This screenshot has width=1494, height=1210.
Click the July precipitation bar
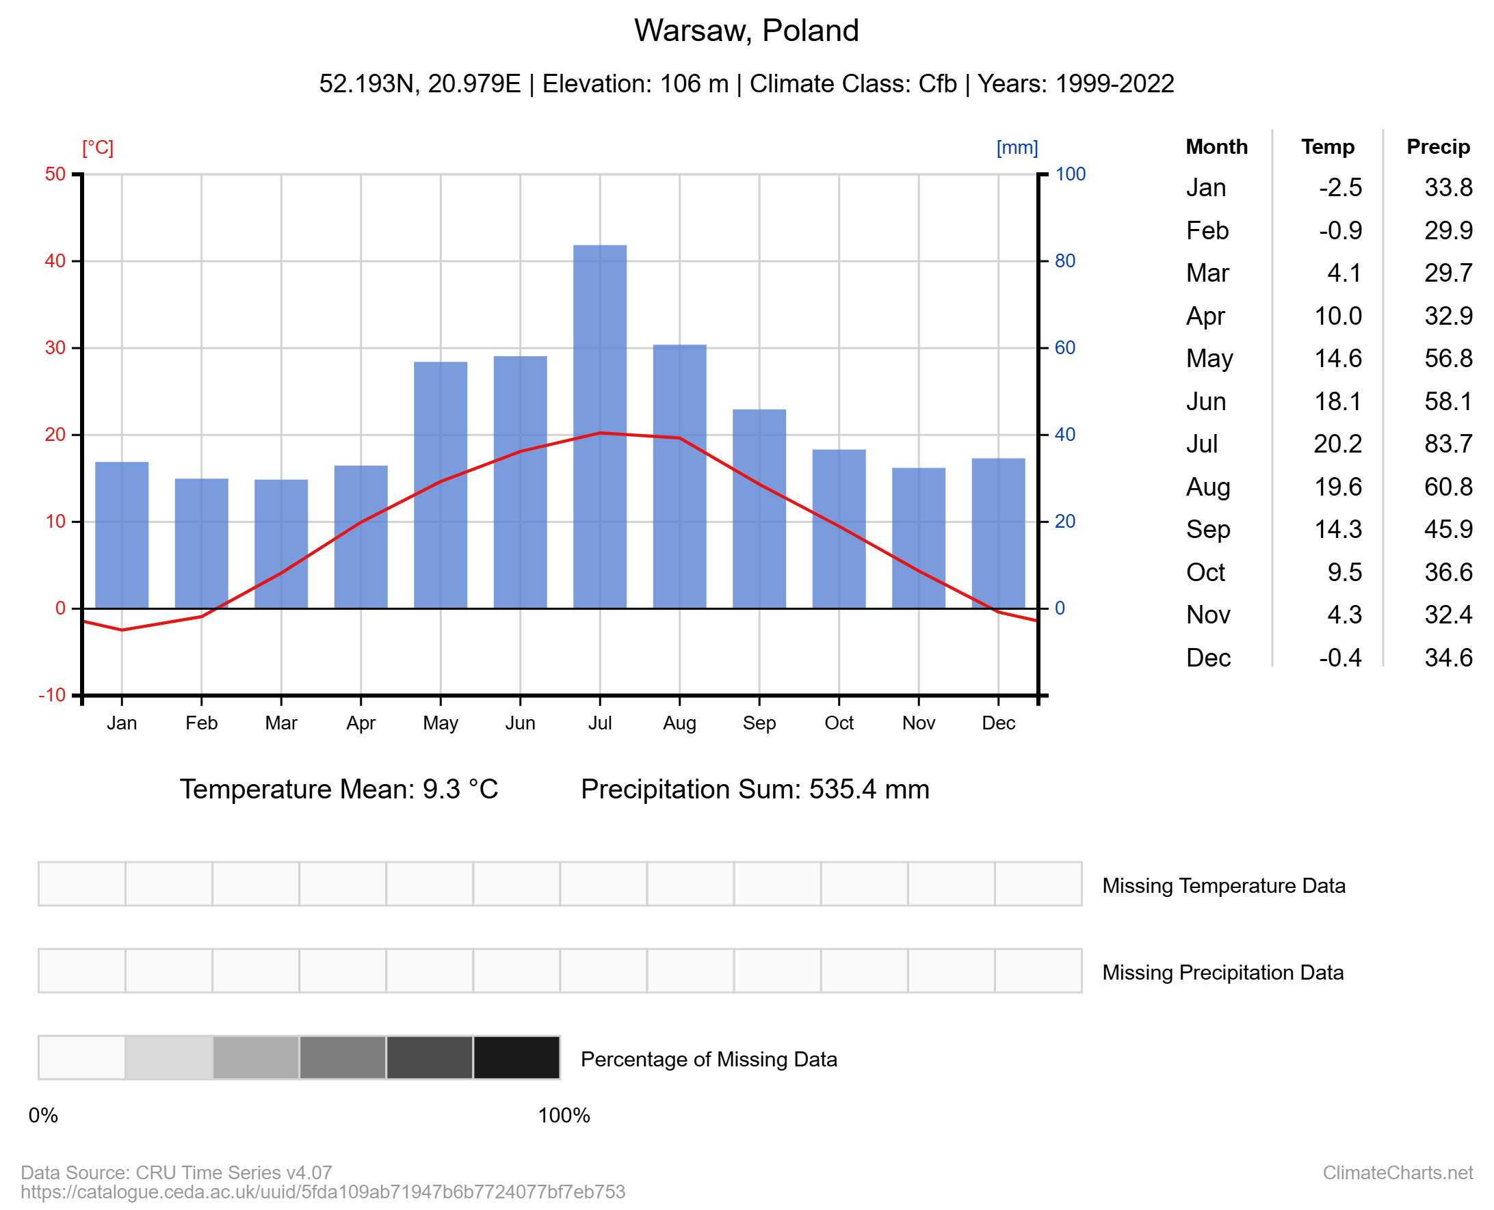click(x=599, y=427)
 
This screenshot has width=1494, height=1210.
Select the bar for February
click(x=202, y=543)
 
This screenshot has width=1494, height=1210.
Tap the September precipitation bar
click(x=759, y=509)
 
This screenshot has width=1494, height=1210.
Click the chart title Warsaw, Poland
click(x=746, y=31)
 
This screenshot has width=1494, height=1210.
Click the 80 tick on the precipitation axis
click(x=1064, y=260)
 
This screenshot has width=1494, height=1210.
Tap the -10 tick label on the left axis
click(x=52, y=695)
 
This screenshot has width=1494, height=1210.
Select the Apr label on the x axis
click(x=361, y=723)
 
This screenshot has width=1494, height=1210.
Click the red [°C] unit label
click(x=98, y=148)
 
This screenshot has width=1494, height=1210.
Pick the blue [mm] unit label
click(x=1017, y=148)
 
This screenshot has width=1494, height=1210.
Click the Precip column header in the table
click(x=1437, y=147)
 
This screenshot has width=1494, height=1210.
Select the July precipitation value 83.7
click(x=1448, y=444)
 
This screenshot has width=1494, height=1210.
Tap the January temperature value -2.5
click(x=1340, y=187)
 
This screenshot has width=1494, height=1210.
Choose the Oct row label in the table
click(x=1205, y=572)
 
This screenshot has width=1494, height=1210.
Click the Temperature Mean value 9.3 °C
click(x=460, y=789)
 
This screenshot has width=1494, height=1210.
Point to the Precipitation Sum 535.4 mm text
click(x=755, y=789)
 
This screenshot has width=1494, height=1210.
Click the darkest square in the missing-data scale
click(x=516, y=1058)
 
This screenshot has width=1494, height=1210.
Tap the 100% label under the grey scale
click(x=564, y=1115)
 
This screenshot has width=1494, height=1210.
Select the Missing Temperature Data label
click(x=1223, y=885)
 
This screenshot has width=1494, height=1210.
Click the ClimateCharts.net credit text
click(x=1397, y=1172)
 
